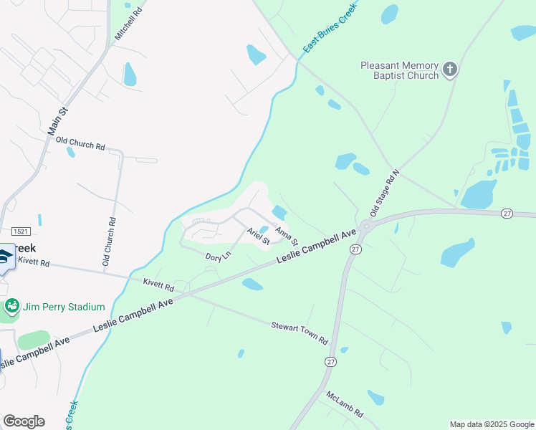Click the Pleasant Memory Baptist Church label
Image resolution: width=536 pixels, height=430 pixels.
tap(399, 70)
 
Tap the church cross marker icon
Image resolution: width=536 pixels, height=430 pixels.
tap(449, 69)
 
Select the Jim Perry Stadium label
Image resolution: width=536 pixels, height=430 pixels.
tap(64, 307)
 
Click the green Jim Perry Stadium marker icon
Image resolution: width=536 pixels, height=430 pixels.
tap(11, 307)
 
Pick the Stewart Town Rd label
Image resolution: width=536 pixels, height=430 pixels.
tap(299, 331)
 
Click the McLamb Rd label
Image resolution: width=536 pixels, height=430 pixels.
tap(345, 405)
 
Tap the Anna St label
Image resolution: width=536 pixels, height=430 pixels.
tap(286, 235)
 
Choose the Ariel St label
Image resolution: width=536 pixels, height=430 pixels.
tap(258, 236)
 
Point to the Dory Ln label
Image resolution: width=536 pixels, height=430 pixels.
tap(218, 256)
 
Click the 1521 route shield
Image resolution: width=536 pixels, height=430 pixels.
tap(22, 231)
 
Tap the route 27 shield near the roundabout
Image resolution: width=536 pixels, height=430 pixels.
tap(355, 249)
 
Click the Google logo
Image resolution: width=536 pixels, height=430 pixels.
tap(24, 421)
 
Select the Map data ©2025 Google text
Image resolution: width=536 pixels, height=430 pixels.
tap(491, 424)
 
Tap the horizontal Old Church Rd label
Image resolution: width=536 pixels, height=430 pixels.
tap(80, 145)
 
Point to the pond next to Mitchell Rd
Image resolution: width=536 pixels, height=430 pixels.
tap(130, 74)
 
